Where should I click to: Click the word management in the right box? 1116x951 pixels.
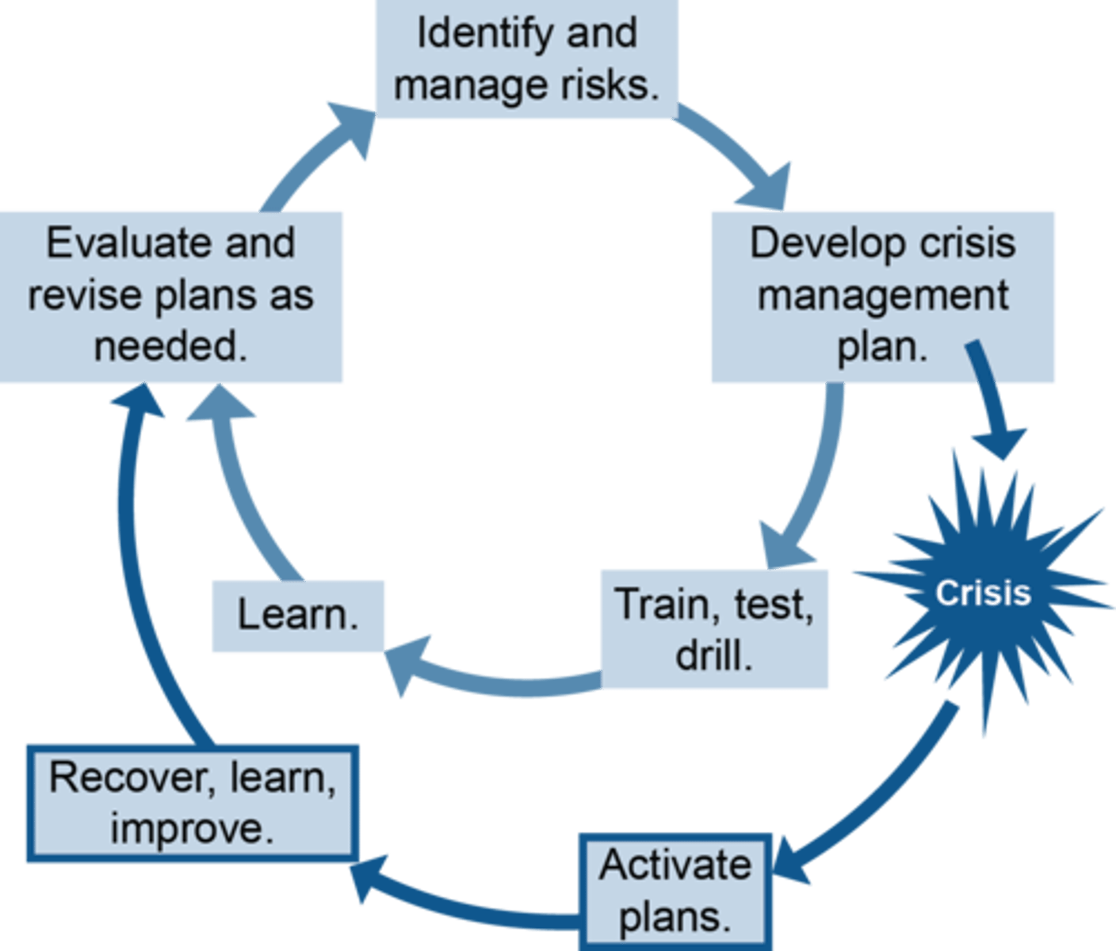point(882,296)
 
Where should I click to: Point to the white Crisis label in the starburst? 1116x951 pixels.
point(982,593)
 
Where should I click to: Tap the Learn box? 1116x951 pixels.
point(298,616)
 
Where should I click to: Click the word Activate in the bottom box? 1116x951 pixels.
point(675,865)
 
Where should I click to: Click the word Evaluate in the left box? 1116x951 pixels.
point(127,243)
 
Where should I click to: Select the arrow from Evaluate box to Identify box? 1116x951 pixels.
point(309,158)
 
